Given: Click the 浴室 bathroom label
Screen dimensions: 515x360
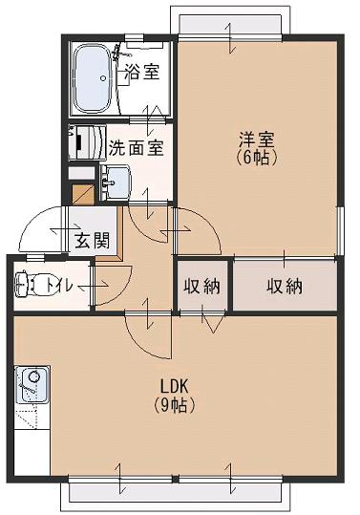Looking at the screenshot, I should coord(142,72).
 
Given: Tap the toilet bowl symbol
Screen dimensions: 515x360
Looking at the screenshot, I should coord(31,284).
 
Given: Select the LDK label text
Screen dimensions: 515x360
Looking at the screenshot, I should coord(176,386).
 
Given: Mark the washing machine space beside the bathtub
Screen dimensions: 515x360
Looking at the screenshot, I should coord(83,142).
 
